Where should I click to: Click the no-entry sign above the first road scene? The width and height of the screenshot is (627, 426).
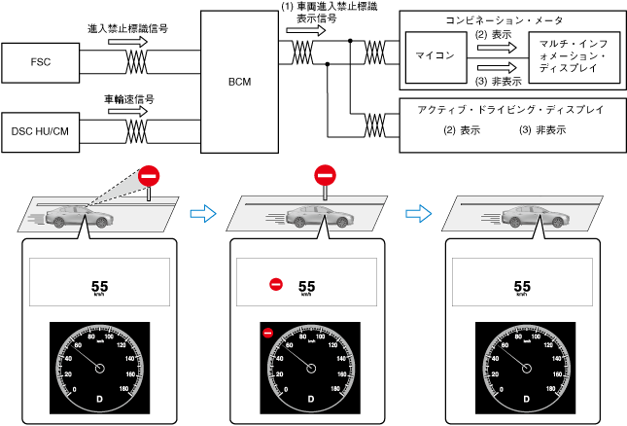(148, 176)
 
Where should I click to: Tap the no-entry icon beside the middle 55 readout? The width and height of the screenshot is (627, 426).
(276, 285)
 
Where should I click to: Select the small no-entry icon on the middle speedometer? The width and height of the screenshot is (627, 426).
(267, 333)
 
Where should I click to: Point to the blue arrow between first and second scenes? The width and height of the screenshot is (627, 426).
(202, 212)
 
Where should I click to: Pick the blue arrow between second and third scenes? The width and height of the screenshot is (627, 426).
(415, 212)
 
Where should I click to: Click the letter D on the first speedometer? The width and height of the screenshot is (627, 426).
(97, 399)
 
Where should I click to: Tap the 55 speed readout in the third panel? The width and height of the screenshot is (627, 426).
(522, 286)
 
